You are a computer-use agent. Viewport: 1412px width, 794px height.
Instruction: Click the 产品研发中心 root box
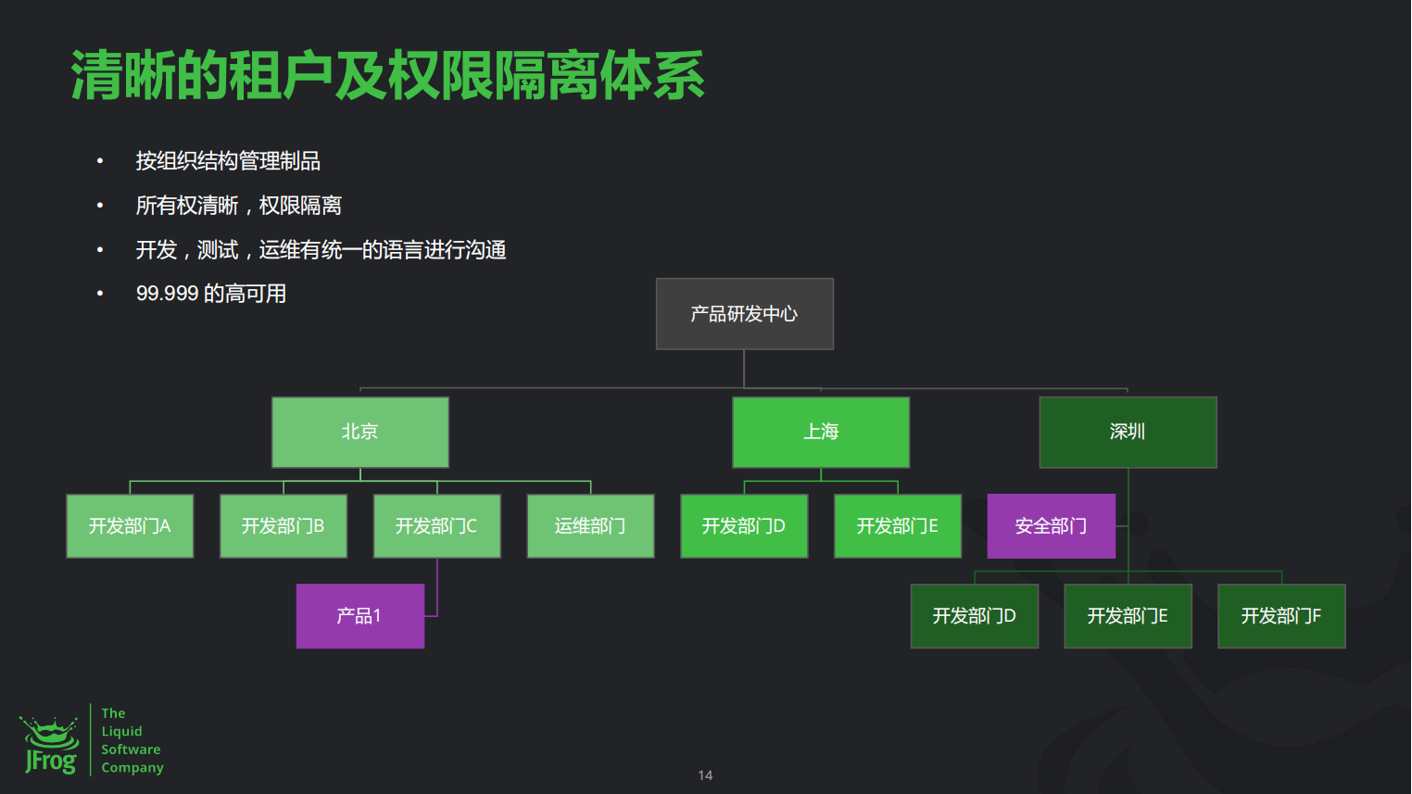pyautogui.click(x=744, y=314)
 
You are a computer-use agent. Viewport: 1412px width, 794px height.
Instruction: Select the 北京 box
pyautogui.click(x=359, y=432)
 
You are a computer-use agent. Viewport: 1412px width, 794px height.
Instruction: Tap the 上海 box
pyautogui.click(x=821, y=432)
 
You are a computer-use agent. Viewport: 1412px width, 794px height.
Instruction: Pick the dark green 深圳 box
pyautogui.click(x=1128, y=432)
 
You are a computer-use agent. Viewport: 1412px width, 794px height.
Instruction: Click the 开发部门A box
pyautogui.click(x=130, y=526)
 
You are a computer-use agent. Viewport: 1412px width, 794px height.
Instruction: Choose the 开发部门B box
pyautogui.click(x=284, y=526)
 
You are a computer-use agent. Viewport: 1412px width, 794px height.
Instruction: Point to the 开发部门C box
pyautogui.click(x=436, y=526)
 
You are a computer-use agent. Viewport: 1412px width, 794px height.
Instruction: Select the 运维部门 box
pyautogui.click(x=590, y=526)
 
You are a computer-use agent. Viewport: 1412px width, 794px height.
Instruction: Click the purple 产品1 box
pyautogui.click(x=359, y=616)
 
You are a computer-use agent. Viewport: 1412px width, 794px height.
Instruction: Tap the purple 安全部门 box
pyautogui.click(x=1051, y=526)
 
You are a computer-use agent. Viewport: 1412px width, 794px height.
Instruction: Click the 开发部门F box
pyautogui.click(x=1281, y=616)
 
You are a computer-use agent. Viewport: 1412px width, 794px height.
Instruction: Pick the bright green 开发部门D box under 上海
pyautogui.click(x=744, y=526)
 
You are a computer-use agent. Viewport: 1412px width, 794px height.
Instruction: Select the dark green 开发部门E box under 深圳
pyautogui.click(x=1128, y=616)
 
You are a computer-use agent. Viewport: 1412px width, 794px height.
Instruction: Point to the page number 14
pyautogui.click(x=705, y=775)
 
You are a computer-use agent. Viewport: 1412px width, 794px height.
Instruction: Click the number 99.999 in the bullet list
pyautogui.click(x=168, y=294)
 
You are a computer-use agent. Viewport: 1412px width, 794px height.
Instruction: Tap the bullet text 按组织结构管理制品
pyautogui.click(x=228, y=161)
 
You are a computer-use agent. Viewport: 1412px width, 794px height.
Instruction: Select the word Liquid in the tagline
pyautogui.click(x=121, y=731)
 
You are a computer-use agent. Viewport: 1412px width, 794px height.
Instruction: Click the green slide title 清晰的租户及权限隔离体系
pyautogui.click(x=387, y=76)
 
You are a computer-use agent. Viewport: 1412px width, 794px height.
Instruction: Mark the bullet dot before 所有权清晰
pyautogui.click(x=100, y=206)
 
